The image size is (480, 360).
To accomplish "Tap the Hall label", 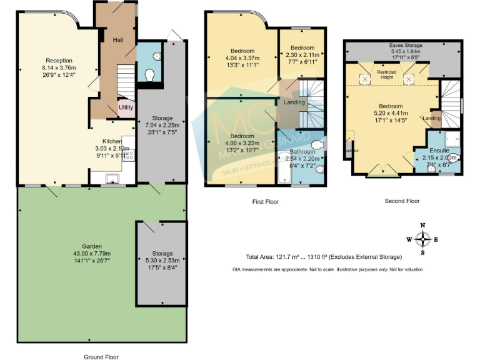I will [117, 40].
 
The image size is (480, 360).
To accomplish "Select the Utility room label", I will [126, 107].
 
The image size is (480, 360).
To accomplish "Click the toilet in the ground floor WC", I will [150, 75].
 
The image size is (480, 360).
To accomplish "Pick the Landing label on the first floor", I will [294, 102].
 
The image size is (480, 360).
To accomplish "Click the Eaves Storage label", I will [405, 46].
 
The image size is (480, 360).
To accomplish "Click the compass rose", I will [423, 238].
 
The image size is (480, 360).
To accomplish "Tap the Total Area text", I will [324, 257].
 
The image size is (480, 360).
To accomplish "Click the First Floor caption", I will [266, 202].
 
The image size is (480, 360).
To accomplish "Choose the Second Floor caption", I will [402, 201].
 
